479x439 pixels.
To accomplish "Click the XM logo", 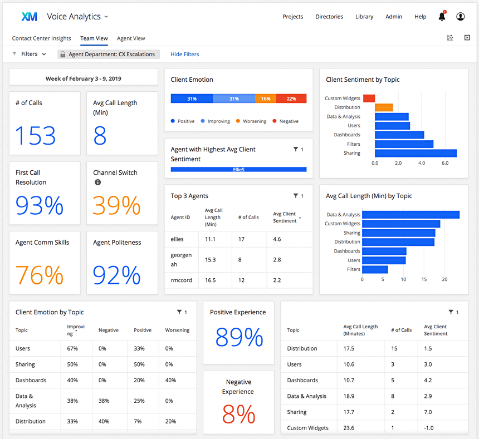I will pos(29,17).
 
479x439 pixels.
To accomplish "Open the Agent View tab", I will pos(131,38).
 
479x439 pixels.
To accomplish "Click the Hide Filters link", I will pos(184,54).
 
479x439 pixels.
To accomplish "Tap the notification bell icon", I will pos(442,17).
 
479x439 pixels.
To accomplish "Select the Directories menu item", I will pos(329,17).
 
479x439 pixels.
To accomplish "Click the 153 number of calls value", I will pos(35,136).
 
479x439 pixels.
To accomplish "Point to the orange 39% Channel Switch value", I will pos(116,206).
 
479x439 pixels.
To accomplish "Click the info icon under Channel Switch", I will pos(97,182).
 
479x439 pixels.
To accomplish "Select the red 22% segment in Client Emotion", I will pos(291,98).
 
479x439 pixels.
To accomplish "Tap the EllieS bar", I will pos(238,169).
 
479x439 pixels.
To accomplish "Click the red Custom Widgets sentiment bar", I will pos(369,98).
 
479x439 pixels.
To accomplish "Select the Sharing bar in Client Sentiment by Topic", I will pos(416,153).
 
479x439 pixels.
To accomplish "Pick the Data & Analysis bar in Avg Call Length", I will pos(410,215).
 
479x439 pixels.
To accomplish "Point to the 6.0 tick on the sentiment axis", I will pos(444,164).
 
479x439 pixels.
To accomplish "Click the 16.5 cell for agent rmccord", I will pos(210,280).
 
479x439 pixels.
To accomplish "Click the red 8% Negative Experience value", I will pos(238,415).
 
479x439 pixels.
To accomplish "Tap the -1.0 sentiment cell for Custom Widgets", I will pos(430,428).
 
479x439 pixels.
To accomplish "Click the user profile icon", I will pos(460,17).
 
